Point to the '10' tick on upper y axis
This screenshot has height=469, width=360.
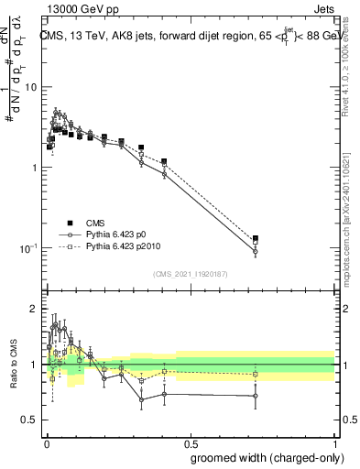(32, 87)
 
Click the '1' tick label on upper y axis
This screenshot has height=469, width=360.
(35, 168)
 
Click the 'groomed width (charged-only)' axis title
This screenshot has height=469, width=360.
(263, 457)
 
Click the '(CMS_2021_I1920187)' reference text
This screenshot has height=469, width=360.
(191, 274)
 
